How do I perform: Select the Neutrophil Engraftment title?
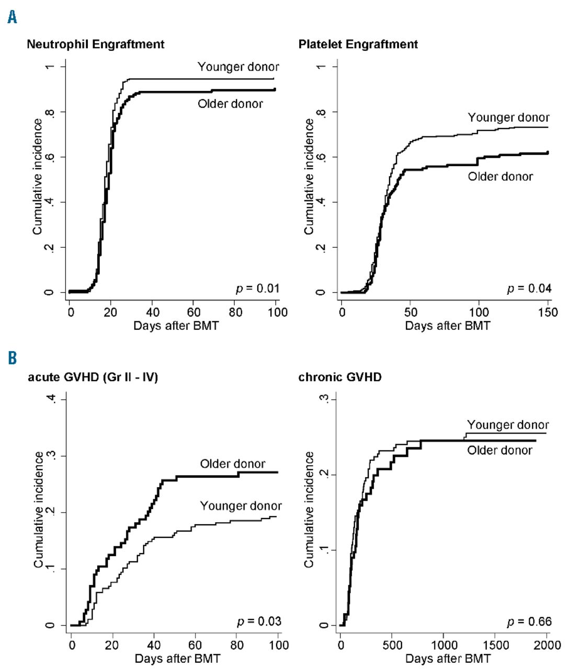[95, 44]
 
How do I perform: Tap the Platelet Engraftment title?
[358, 44]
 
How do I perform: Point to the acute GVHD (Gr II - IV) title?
[93, 377]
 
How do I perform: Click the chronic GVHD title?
[339, 377]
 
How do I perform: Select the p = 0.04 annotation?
[529, 288]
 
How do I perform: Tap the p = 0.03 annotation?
[259, 621]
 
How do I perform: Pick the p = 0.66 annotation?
[529, 621]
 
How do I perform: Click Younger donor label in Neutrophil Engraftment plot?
[238, 67]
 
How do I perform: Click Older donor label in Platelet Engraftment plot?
[500, 177]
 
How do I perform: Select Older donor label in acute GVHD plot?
[232, 464]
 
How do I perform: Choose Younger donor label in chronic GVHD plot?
[507, 425]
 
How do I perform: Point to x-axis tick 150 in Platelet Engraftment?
[548, 313]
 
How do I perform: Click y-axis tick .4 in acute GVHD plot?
[50, 400]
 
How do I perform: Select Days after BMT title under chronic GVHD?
[448, 658]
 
